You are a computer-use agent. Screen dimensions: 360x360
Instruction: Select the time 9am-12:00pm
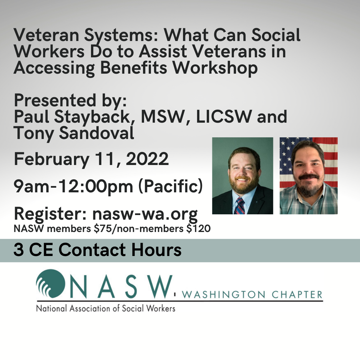(x=73, y=187)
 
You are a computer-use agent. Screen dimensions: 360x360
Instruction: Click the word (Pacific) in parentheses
(x=170, y=187)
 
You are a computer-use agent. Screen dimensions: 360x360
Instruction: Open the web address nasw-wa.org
(x=145, y=214)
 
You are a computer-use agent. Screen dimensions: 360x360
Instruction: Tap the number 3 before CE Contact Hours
(x=19, y=250)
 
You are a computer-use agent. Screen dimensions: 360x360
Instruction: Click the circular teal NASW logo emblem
(x=50, y=284)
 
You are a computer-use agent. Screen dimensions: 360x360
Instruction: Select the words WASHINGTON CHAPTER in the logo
(x=253, y=295)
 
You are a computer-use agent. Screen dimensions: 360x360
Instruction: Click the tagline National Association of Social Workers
(x=105, y=308)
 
